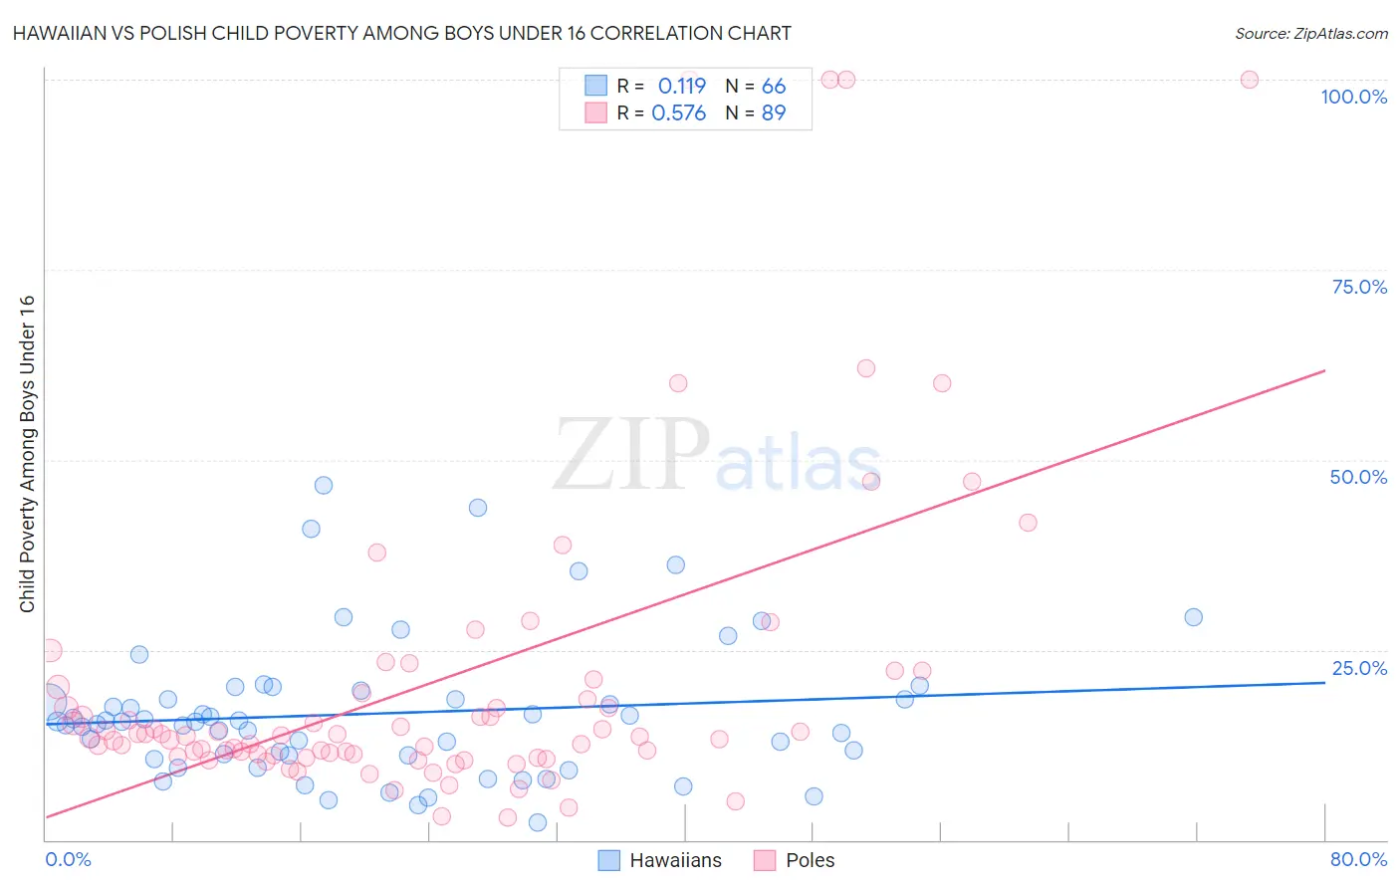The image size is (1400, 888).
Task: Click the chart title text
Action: tap(402, 33)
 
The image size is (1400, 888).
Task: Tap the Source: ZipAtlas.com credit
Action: tap(1310, 33)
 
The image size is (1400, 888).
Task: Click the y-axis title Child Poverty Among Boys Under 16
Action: tap(27, 454)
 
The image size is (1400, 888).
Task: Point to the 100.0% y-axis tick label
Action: tap(1353, 97)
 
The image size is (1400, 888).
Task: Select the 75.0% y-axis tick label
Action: tap(1359, 287)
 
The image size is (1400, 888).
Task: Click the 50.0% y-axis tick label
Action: tap(1358, 477)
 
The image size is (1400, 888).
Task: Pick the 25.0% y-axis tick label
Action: tap(1359, 668)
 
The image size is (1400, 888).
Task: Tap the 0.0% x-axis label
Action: tap(68, 859)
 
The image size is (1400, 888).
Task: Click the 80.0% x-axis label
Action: tap(1358, 859)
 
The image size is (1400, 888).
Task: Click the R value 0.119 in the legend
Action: tap(682, 86)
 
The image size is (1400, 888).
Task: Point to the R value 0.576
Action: tap(678, 112)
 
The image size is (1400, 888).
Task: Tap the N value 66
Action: tap(774, 86)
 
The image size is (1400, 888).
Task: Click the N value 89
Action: tap(774, 112)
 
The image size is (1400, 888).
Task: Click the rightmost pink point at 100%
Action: tap(1250, 80)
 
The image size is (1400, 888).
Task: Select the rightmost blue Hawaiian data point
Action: tap(1193, 617)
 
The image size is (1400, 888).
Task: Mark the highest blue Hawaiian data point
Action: tap(324, 486)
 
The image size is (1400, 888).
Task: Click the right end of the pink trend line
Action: tap(1324, 370)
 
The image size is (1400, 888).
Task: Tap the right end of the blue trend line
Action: tap(1324, 682)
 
